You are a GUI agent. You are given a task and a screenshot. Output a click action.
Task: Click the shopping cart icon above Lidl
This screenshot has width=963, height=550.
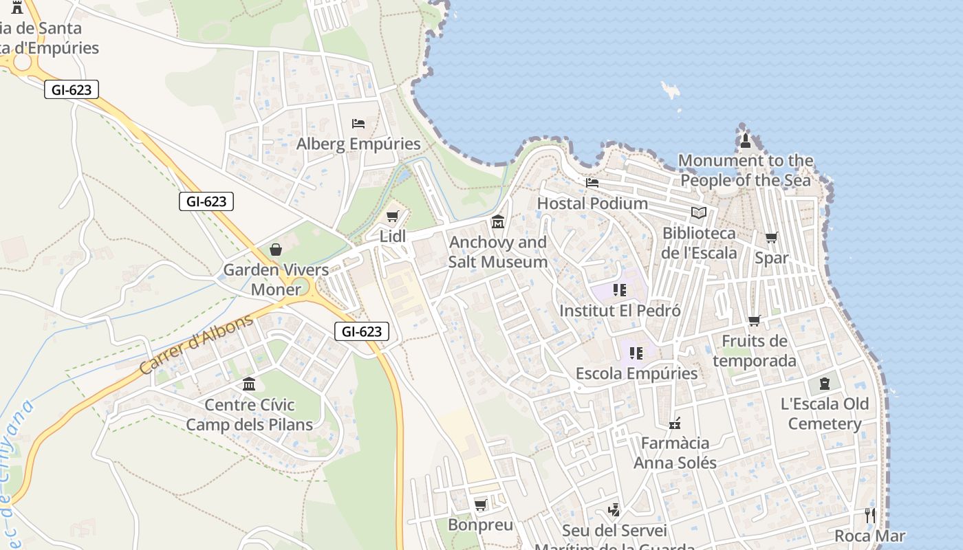pos(393,217)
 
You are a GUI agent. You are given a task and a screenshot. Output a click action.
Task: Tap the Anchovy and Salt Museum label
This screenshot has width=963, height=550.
pos(498,252)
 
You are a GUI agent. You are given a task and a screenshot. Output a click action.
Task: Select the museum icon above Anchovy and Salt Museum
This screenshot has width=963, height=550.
pos(498,222)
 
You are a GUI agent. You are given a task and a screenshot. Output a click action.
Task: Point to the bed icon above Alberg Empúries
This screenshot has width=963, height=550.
pos(358,124)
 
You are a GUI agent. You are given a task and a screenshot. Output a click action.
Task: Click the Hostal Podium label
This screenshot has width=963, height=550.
pos(592,203)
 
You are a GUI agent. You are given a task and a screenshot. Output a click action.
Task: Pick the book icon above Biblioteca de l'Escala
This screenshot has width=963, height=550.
pos(699,213)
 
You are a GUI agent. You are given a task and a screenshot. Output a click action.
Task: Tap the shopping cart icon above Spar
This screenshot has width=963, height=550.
pos(772,238)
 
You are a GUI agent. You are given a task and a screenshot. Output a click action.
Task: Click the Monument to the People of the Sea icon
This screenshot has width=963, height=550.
pos(746,141)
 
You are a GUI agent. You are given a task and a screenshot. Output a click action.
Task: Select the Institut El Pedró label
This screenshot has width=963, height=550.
pos(620,311)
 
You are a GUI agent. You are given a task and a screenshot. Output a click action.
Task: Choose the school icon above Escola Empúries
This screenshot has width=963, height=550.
pos(636,353)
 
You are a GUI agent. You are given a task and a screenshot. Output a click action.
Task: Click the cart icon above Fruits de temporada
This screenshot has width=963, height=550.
pos(755,321)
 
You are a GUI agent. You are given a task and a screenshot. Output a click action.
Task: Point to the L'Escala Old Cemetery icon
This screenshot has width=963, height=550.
pos(825,384)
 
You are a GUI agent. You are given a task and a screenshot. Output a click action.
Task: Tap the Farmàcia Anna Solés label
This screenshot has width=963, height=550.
pos(675,452)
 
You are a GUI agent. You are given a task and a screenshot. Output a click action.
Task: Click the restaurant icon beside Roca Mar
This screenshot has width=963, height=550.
pos(870,516)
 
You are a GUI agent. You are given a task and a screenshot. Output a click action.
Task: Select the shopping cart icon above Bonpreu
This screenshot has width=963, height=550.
pos(481,505)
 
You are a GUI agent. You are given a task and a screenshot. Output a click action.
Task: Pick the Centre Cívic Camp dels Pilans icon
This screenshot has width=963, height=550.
pos(249,384)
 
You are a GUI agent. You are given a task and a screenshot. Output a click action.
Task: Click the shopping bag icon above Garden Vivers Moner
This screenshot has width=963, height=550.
pos(276,250)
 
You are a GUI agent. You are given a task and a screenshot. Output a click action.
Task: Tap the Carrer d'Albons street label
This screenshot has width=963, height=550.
pos(196,346)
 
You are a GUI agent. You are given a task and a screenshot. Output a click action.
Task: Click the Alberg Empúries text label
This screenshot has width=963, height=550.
pos(358,144)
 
